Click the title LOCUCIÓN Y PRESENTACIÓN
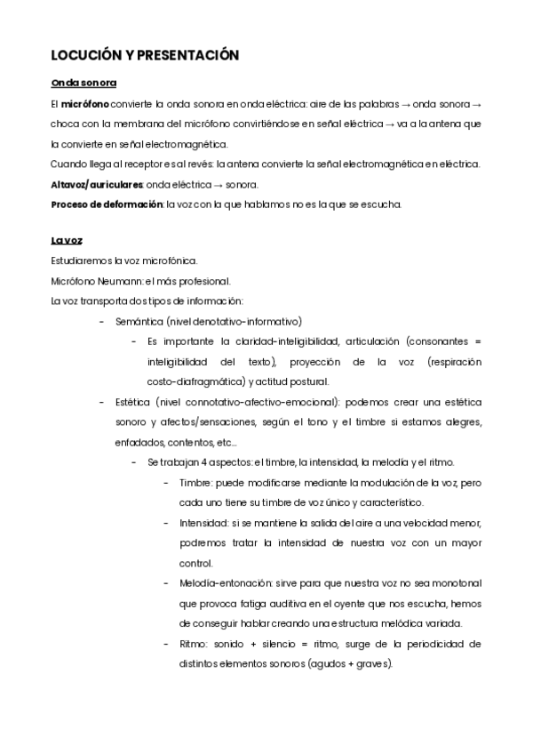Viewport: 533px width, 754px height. (x=146, y=55)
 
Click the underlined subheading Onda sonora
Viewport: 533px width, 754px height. (x=84, y=83)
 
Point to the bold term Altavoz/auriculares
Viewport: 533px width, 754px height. (x=96, y=184)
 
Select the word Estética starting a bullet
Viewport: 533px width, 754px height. (x=132, y=402)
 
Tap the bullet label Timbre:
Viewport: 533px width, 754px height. (x=194, y=482)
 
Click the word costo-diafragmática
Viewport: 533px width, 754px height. (x=191, y=381)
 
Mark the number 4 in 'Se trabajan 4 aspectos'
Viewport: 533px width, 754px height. (x=204, y=462)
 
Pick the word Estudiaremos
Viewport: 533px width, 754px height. (x=84, y=261)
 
